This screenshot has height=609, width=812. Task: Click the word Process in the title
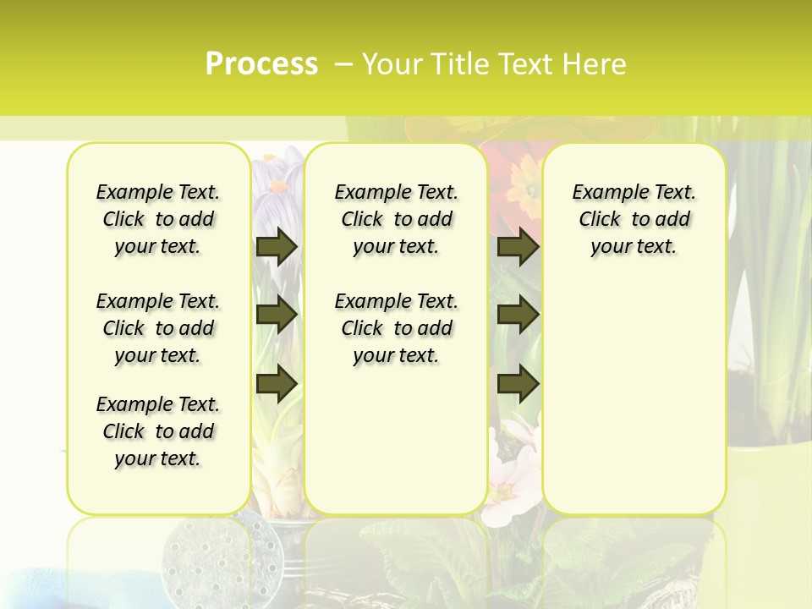coord(261,64)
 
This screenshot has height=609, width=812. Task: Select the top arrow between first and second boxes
coord(277,246)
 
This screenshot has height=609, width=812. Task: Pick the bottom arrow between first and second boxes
coord(277,383)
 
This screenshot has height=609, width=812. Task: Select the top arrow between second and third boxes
coord(518,246)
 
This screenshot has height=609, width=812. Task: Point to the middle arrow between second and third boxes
coord(518,315)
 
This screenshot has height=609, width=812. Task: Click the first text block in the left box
coord(158,219)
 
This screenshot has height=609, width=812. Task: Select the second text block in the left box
coord(158,328)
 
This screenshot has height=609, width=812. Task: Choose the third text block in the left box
coord(158,431)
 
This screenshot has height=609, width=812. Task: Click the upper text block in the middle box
coord(396,219)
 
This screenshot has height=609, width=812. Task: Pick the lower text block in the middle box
coord(396,328)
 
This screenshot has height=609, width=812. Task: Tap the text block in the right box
coord(634,219)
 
